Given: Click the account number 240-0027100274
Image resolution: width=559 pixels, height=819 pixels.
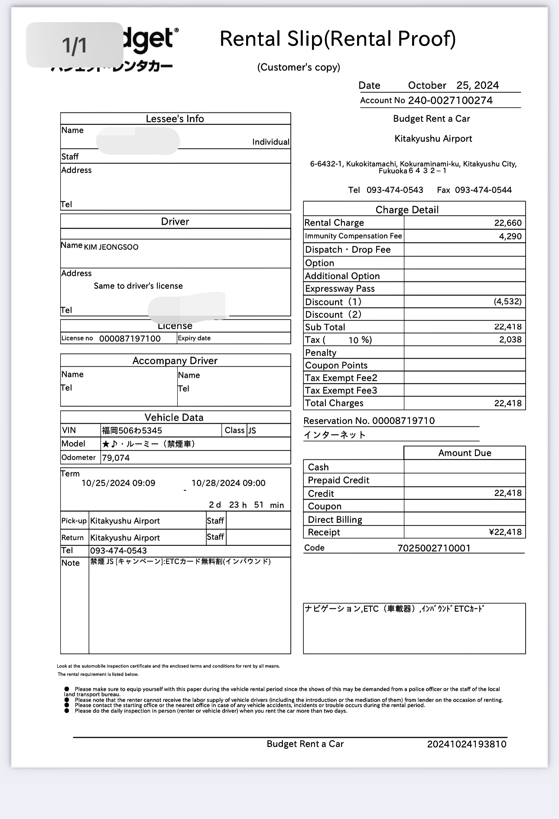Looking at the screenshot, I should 450,101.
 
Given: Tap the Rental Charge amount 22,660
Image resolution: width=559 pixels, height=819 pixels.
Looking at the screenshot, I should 508,223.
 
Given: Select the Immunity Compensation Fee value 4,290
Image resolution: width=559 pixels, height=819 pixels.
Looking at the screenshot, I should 510,236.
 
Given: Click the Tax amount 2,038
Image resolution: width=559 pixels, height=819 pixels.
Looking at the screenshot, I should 510,339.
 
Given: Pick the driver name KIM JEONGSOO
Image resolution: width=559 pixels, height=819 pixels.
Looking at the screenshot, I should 111,247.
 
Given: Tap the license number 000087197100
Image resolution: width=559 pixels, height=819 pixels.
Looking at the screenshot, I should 130,339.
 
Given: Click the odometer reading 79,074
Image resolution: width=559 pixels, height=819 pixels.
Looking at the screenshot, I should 116,458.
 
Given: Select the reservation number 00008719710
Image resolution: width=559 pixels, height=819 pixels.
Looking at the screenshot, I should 403,421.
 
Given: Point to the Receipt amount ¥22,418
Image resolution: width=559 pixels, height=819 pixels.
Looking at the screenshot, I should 505,532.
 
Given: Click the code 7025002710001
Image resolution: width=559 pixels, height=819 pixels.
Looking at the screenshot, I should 434,548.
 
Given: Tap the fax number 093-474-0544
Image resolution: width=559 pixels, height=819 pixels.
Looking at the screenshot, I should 483,190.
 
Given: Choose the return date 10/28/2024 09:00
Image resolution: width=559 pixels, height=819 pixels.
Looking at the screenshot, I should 228,483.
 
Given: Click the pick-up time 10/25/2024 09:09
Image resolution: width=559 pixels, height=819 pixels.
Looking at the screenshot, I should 118,483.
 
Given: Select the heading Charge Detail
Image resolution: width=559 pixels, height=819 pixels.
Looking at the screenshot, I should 407,210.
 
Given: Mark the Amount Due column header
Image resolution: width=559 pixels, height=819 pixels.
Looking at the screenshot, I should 465,453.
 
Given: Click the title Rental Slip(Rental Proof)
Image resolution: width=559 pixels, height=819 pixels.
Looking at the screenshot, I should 338,39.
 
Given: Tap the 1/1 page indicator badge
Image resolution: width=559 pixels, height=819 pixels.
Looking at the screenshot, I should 75,45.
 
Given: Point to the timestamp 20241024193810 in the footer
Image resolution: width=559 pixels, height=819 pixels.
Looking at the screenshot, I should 467,744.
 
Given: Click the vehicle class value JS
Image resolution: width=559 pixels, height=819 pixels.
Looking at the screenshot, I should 252,431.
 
